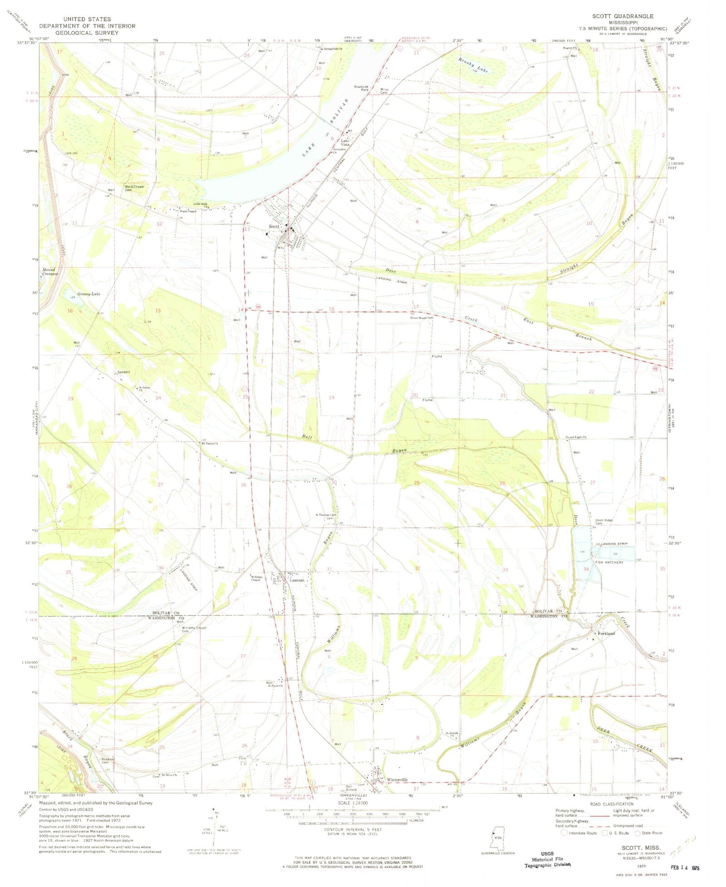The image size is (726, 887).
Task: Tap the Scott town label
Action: click(x=274, y=226)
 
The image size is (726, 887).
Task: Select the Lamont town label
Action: click(x=297, y=580)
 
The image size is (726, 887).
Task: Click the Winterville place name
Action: click(x=397, y=780)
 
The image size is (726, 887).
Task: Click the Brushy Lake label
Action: click(x=473, y=64)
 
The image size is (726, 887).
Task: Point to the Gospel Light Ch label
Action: click(x=575, y=437)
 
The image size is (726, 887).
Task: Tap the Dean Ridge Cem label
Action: click(x=604, y=522)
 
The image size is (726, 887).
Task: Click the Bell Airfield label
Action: click(x=351, y=787)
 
